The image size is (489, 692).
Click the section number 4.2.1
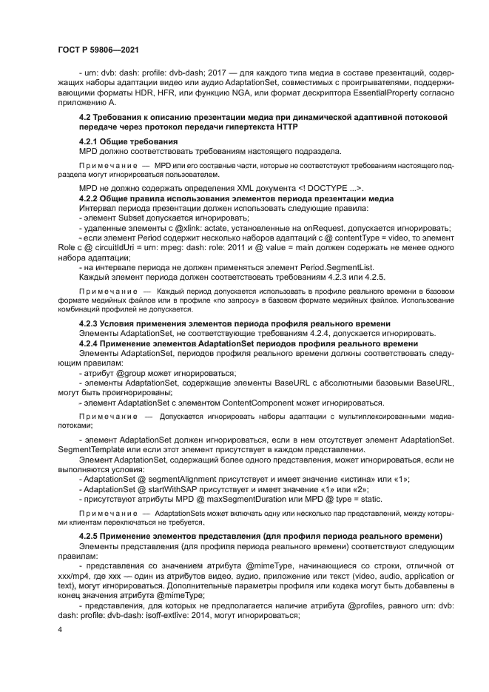click(90, 141)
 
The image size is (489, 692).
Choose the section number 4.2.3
click(90, 324)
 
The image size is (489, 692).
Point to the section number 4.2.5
click(90, 536)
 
